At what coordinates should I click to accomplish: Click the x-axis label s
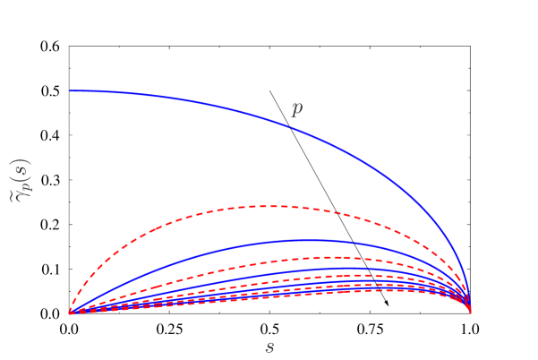[269, 347]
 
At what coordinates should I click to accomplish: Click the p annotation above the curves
[296, 108]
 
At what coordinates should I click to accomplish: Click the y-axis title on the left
[21, 180]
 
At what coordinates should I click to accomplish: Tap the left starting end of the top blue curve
[71, 91]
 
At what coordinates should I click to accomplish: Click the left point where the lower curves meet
[70, 313]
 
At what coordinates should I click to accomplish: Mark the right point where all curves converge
[471, 313]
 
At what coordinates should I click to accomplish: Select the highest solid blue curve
[179, 99]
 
